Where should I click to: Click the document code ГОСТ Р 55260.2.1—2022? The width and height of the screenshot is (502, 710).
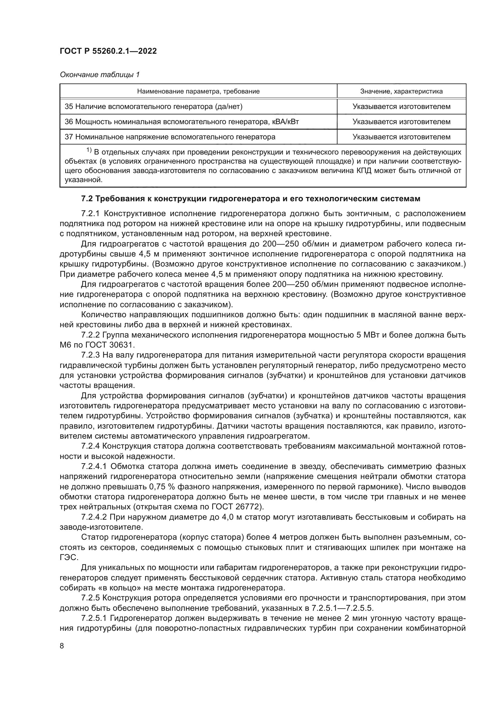click(x=108, y=51)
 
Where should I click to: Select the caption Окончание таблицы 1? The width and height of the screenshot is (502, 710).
click(x=100, y=75)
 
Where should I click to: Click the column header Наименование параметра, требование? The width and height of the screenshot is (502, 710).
click(x=198, y=91)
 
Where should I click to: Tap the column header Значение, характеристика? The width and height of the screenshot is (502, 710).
click(x=401, y=91)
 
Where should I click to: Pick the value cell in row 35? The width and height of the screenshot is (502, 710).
click(x=401, y=107)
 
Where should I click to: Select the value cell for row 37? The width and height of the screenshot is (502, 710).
click(x=401, y=137)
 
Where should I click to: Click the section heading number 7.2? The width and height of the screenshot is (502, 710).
click(x=87, y=199)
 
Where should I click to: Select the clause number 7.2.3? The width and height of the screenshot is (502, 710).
click(x=91, y=355)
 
